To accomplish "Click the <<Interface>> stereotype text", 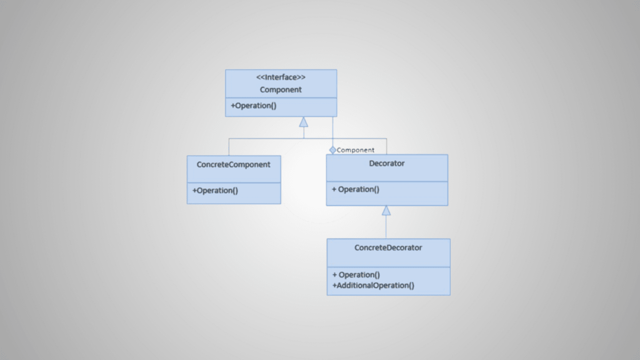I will point(281,77).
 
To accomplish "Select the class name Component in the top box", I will point(281,90).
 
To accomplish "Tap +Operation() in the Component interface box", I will point(254,106).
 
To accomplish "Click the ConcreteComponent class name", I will point(233,165).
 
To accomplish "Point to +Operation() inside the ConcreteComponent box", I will point(215,190).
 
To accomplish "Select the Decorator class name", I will point(387,163).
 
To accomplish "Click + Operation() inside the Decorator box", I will point(355,190).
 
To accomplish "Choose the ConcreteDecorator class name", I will point(388,247).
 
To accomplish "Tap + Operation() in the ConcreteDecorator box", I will point(356,275).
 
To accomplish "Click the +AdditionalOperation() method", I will point(373,285).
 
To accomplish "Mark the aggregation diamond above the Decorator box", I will point(332,150).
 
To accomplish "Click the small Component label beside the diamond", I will point(355,150).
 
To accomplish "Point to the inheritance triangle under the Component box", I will point(304,122).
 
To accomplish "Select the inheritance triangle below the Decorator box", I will point(386,210).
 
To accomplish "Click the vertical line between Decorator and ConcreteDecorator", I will point(386,227).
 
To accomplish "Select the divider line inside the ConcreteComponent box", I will point(234,182).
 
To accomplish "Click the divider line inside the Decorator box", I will point(387,182).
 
